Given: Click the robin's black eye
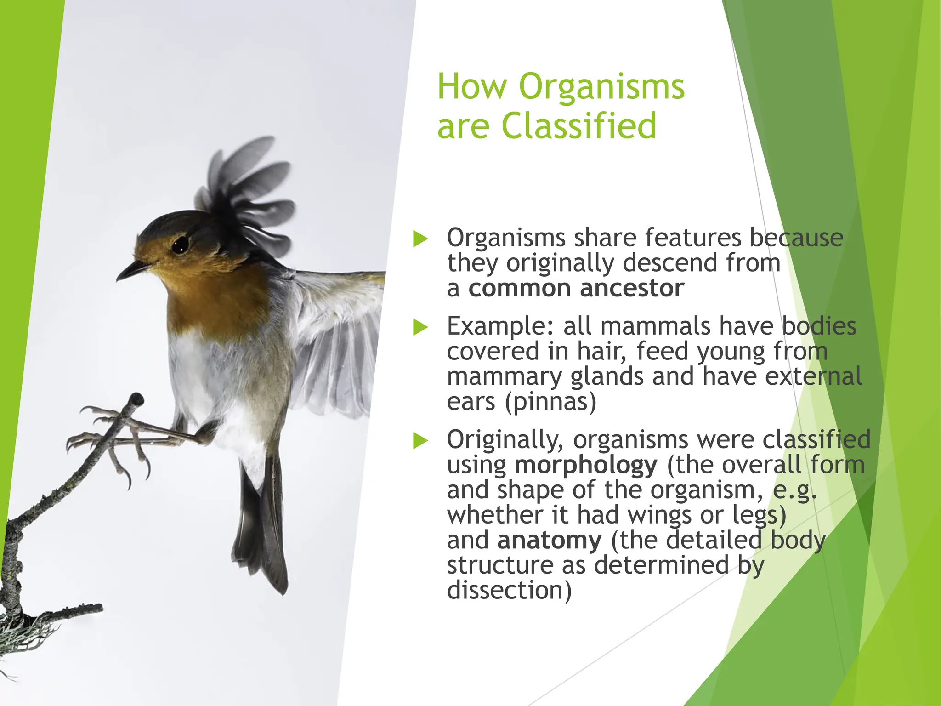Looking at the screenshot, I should tap(180, 244).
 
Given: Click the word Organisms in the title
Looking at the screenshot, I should tap(601, 87).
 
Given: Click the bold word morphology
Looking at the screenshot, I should tap(586, 465).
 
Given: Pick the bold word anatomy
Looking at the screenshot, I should tap(549, 540).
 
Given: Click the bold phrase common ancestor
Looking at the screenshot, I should tap(576, 289).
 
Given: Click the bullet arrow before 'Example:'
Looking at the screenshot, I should tap(420, 327).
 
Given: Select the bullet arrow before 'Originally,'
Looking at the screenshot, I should tap(420, 440).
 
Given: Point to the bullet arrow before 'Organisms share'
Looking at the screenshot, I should tap(420, 239).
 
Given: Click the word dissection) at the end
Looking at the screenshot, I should tap(509, 591).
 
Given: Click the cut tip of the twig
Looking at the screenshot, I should tap(137, 399).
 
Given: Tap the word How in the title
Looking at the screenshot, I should tap(472, 87).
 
